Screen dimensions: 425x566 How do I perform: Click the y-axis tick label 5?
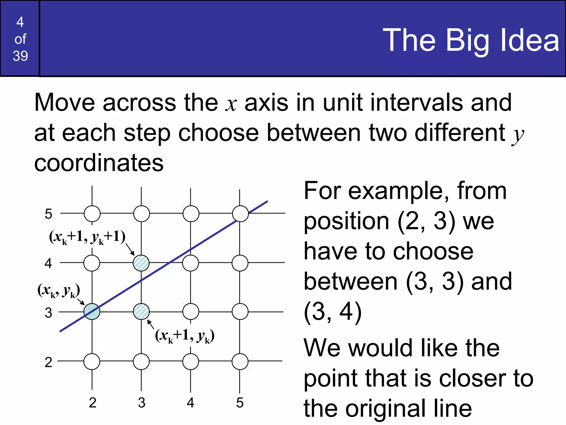click(x=48, y=214)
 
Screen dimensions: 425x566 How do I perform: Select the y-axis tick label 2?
click(x=48, y=362)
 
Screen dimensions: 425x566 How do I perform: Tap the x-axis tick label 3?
click(x=141, y=403)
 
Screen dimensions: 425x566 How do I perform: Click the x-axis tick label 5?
click(x=240, y=403)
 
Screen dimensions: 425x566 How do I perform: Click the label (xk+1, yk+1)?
click(x=87, y=237)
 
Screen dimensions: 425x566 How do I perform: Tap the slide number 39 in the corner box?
click(x=20, y=56)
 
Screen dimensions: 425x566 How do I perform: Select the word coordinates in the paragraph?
click(x=99, y=163)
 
